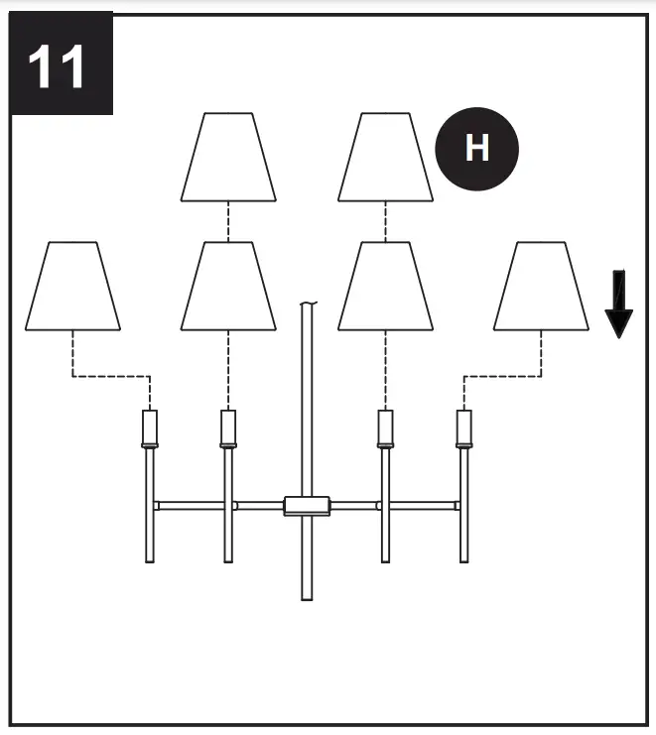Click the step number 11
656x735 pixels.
[58, 66]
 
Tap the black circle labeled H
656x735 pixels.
[476, 149]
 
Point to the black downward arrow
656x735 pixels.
[618, 304]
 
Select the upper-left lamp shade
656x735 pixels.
[228, 158]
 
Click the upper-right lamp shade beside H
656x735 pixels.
[385, 158]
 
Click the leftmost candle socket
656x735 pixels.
[150, 429]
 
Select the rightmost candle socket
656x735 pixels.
[462, 429]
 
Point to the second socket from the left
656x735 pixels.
[228, 429]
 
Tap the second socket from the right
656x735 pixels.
[385, 429]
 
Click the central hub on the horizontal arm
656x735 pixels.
[307, 506]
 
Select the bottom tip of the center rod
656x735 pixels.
[307, 597]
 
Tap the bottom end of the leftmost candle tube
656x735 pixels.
[150, 559]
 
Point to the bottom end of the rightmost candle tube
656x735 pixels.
[462, 559]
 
